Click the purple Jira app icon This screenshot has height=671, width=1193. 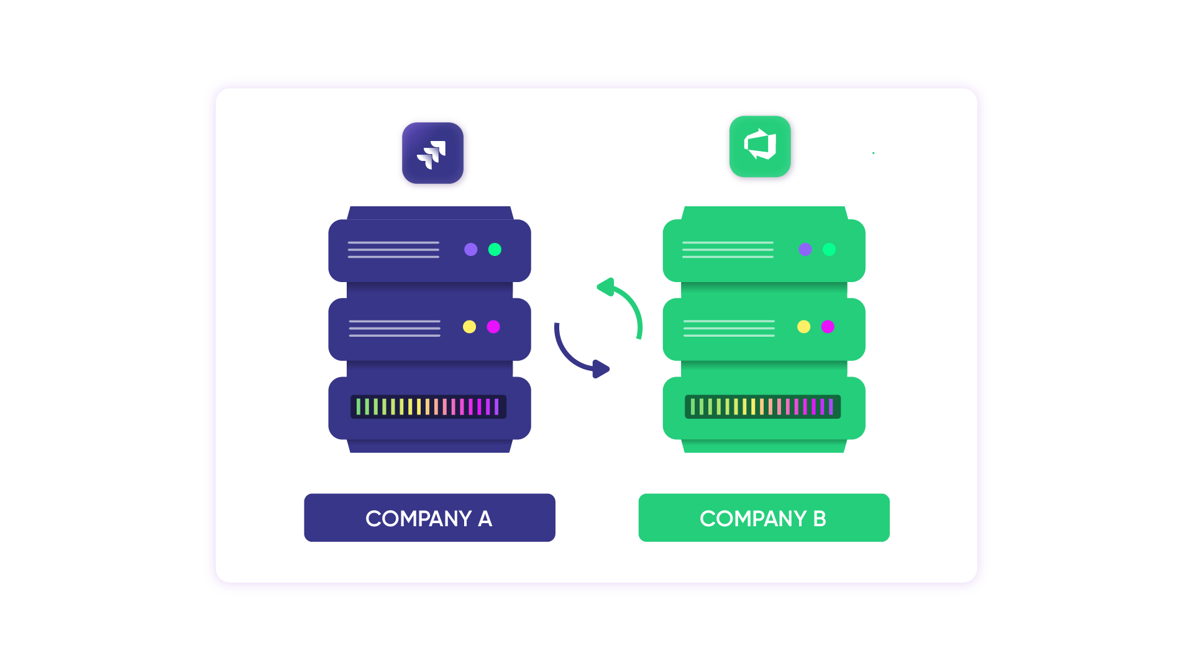[432, 153]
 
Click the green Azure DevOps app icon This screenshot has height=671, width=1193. [760, 147]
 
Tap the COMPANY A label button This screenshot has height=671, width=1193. [429, 518]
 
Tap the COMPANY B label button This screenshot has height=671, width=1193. [764, 518]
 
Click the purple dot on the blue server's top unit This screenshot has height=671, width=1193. [471, 249]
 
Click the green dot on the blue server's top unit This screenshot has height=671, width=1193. [495, 249]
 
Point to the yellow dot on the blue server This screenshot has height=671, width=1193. [469, 327]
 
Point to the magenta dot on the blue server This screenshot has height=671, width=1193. [493, 327]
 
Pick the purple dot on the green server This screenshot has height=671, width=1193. [805, 249]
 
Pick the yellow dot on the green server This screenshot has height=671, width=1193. [804, 327]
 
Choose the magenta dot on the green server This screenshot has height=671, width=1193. [828, 327]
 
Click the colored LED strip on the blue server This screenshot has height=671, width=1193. [428, 407]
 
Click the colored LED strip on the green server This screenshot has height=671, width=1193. [762, 407]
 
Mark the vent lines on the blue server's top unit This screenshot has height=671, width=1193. [393, 249]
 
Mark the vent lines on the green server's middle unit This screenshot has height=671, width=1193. [729, 328]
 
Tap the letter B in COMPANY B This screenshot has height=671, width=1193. [820, 518]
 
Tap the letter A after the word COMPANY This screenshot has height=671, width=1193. [485, 518]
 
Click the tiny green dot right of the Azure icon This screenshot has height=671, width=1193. [873, 153]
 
